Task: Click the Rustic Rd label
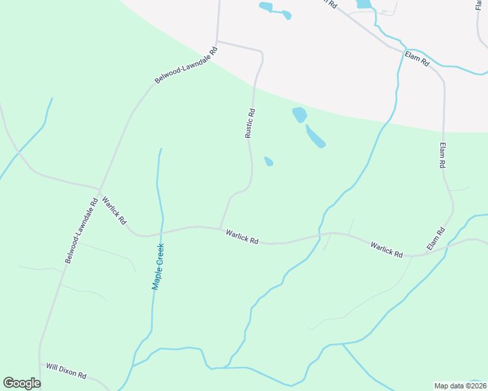point(249,123)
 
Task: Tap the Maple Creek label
point(158,266)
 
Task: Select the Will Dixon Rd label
point(66,371)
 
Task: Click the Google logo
point(22,383)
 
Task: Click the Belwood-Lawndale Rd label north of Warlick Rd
point(185,65)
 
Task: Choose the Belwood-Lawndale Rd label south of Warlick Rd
point(81,230)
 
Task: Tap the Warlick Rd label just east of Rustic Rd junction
point(242,237)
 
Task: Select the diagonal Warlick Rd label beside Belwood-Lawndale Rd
point(114,210)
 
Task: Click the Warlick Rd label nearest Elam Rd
point(386,249)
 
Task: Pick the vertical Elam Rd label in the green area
point(442,156)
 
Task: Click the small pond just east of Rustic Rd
point(268,161)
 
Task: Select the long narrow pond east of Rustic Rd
point(315,136)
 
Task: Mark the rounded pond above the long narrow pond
point(299,115)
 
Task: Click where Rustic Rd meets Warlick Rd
point(220,228)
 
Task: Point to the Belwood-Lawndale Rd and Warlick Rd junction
point(99,190)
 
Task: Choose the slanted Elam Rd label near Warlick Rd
point(435,239)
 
